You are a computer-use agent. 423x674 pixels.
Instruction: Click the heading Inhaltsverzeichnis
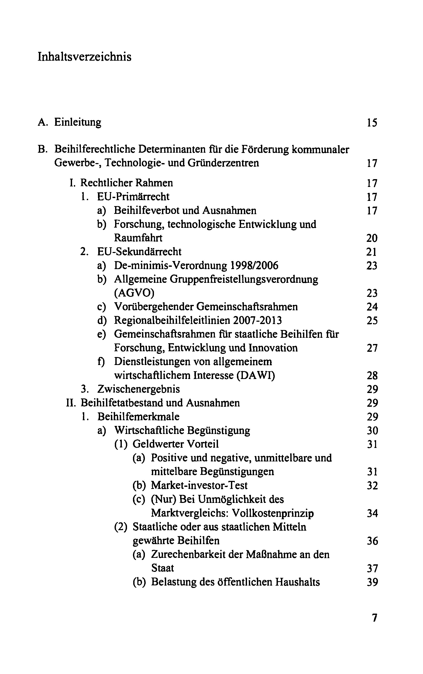coord(84,57)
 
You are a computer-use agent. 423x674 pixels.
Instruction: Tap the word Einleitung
coord(77,122)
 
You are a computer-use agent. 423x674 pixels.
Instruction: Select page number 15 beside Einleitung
coord(372,123)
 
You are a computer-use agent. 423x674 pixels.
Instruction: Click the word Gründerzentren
coord(223,163)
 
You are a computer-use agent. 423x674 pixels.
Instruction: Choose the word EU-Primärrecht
coord(133,197)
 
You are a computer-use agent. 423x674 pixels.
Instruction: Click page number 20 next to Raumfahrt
coord(372,238)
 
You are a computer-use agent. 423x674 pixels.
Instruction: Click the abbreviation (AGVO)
coord(134,293)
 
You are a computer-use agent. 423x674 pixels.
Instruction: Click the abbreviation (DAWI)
coord(256,375)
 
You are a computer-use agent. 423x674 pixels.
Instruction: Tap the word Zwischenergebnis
coord(138,389)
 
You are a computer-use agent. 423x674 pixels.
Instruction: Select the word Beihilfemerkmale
coord(138,417)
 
